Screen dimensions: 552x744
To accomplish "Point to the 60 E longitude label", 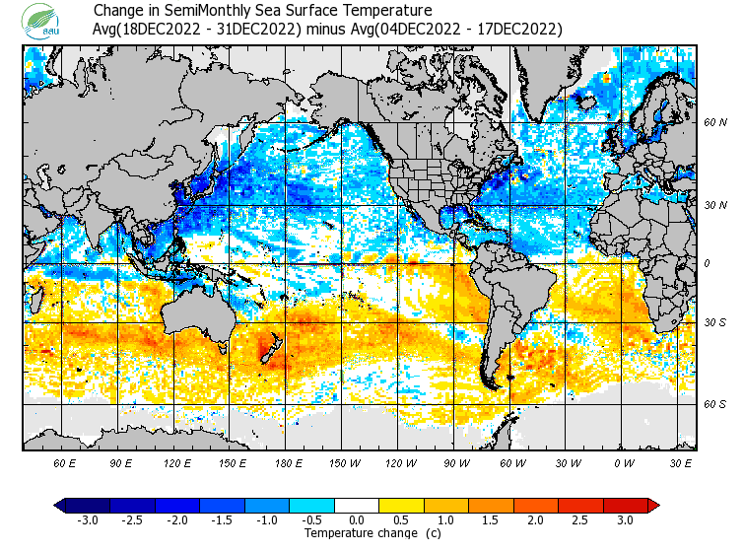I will (66, 461).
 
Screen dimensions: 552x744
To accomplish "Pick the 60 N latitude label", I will (715, 122).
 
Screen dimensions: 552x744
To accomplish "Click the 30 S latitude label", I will (715, 322).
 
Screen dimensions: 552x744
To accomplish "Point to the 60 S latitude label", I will (715, 403).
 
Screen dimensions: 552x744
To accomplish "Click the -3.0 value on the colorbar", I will (88, 519).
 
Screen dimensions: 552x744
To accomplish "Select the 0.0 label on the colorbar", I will (357, 519).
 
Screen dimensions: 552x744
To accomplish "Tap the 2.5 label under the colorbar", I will (580, 519).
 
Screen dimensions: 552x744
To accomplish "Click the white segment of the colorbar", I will (357, 505).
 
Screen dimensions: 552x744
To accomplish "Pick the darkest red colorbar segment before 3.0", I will (625, 505).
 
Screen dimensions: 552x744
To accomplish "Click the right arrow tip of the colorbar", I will (654, 505).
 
